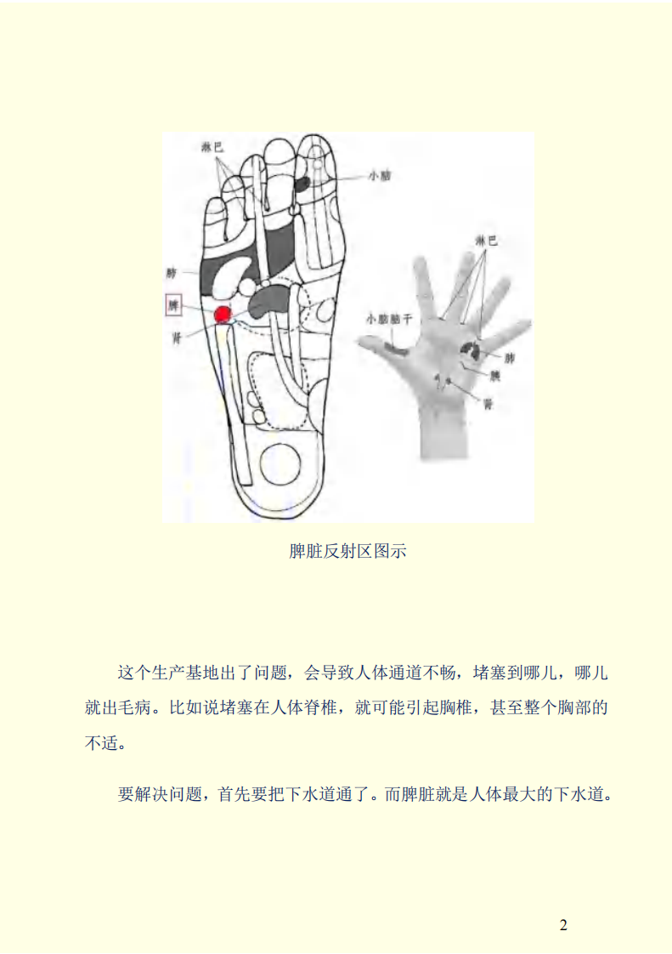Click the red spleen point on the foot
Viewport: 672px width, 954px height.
(x=223, y=315)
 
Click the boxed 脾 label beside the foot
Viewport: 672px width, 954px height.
(x=173, y=305)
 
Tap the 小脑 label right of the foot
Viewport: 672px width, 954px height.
(x=380, y=176)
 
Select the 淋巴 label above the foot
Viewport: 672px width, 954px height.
(x=212, y=146)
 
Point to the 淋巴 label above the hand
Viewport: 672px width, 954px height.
(x=487, y=241)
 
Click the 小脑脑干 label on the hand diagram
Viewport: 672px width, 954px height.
(x=387, y=320)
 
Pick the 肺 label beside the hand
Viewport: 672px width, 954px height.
(x=510, y=359)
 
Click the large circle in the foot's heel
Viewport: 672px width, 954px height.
(x=280, y=466)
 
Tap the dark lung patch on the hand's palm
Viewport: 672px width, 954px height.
(x=470, y=348)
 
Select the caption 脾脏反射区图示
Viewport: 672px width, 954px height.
(x=348, y=552)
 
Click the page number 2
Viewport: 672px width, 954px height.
(x=563, y=925)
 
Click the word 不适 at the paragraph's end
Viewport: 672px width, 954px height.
(x=99, y=743)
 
